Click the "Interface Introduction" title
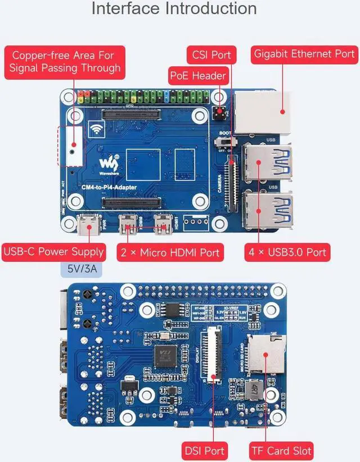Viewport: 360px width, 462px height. click(174, 10)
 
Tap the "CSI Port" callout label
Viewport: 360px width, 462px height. click(211, 56)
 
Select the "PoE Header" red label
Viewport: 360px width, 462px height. click(197, 75)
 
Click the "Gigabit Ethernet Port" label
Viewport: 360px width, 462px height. click(304, 54)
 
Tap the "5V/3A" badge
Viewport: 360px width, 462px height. click(82, 269)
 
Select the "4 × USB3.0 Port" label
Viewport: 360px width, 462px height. click(286, 251)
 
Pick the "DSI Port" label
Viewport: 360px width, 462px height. click(204, 450)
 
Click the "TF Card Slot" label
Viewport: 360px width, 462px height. click(281, 450)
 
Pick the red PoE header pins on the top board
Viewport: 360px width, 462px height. click(217, 112)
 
